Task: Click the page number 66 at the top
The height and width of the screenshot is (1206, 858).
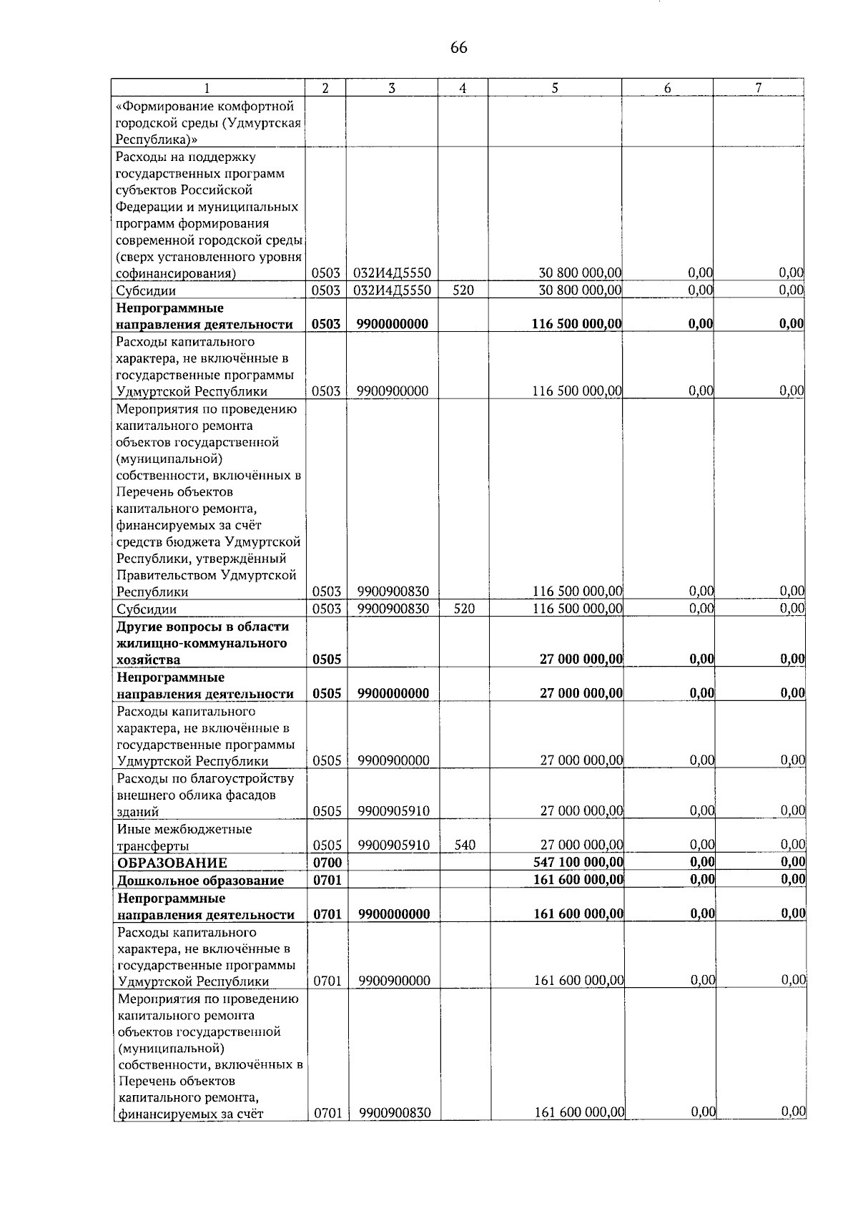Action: tap(458, 48)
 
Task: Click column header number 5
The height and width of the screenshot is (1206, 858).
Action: tap(555, 88)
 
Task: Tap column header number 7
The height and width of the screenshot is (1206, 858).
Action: tap(759, 88)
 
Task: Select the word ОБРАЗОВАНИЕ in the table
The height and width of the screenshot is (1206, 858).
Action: tap(172, 863)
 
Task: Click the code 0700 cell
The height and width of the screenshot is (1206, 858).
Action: tap(327, 863)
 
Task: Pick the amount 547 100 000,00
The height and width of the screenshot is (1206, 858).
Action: tap(578, 863)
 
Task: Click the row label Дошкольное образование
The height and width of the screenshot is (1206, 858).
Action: tap(200, 881)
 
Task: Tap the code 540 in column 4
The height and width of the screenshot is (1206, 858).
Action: tap(465, 845)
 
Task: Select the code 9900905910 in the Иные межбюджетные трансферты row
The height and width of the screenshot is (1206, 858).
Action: tap(394, 845)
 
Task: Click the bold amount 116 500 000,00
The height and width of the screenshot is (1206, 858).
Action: tap(576, 324)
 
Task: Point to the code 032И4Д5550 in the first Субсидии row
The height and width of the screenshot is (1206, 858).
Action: tap(392, 291)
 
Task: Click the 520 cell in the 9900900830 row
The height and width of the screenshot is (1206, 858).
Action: tap(464, 609)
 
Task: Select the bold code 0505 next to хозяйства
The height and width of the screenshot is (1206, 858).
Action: tap(327, 660)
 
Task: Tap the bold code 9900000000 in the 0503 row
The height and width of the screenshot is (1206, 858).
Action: tap(392, 324)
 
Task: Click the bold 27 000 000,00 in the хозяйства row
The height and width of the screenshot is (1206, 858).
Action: tap(581, 660)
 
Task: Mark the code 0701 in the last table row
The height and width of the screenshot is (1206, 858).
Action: tap(327, 1112)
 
